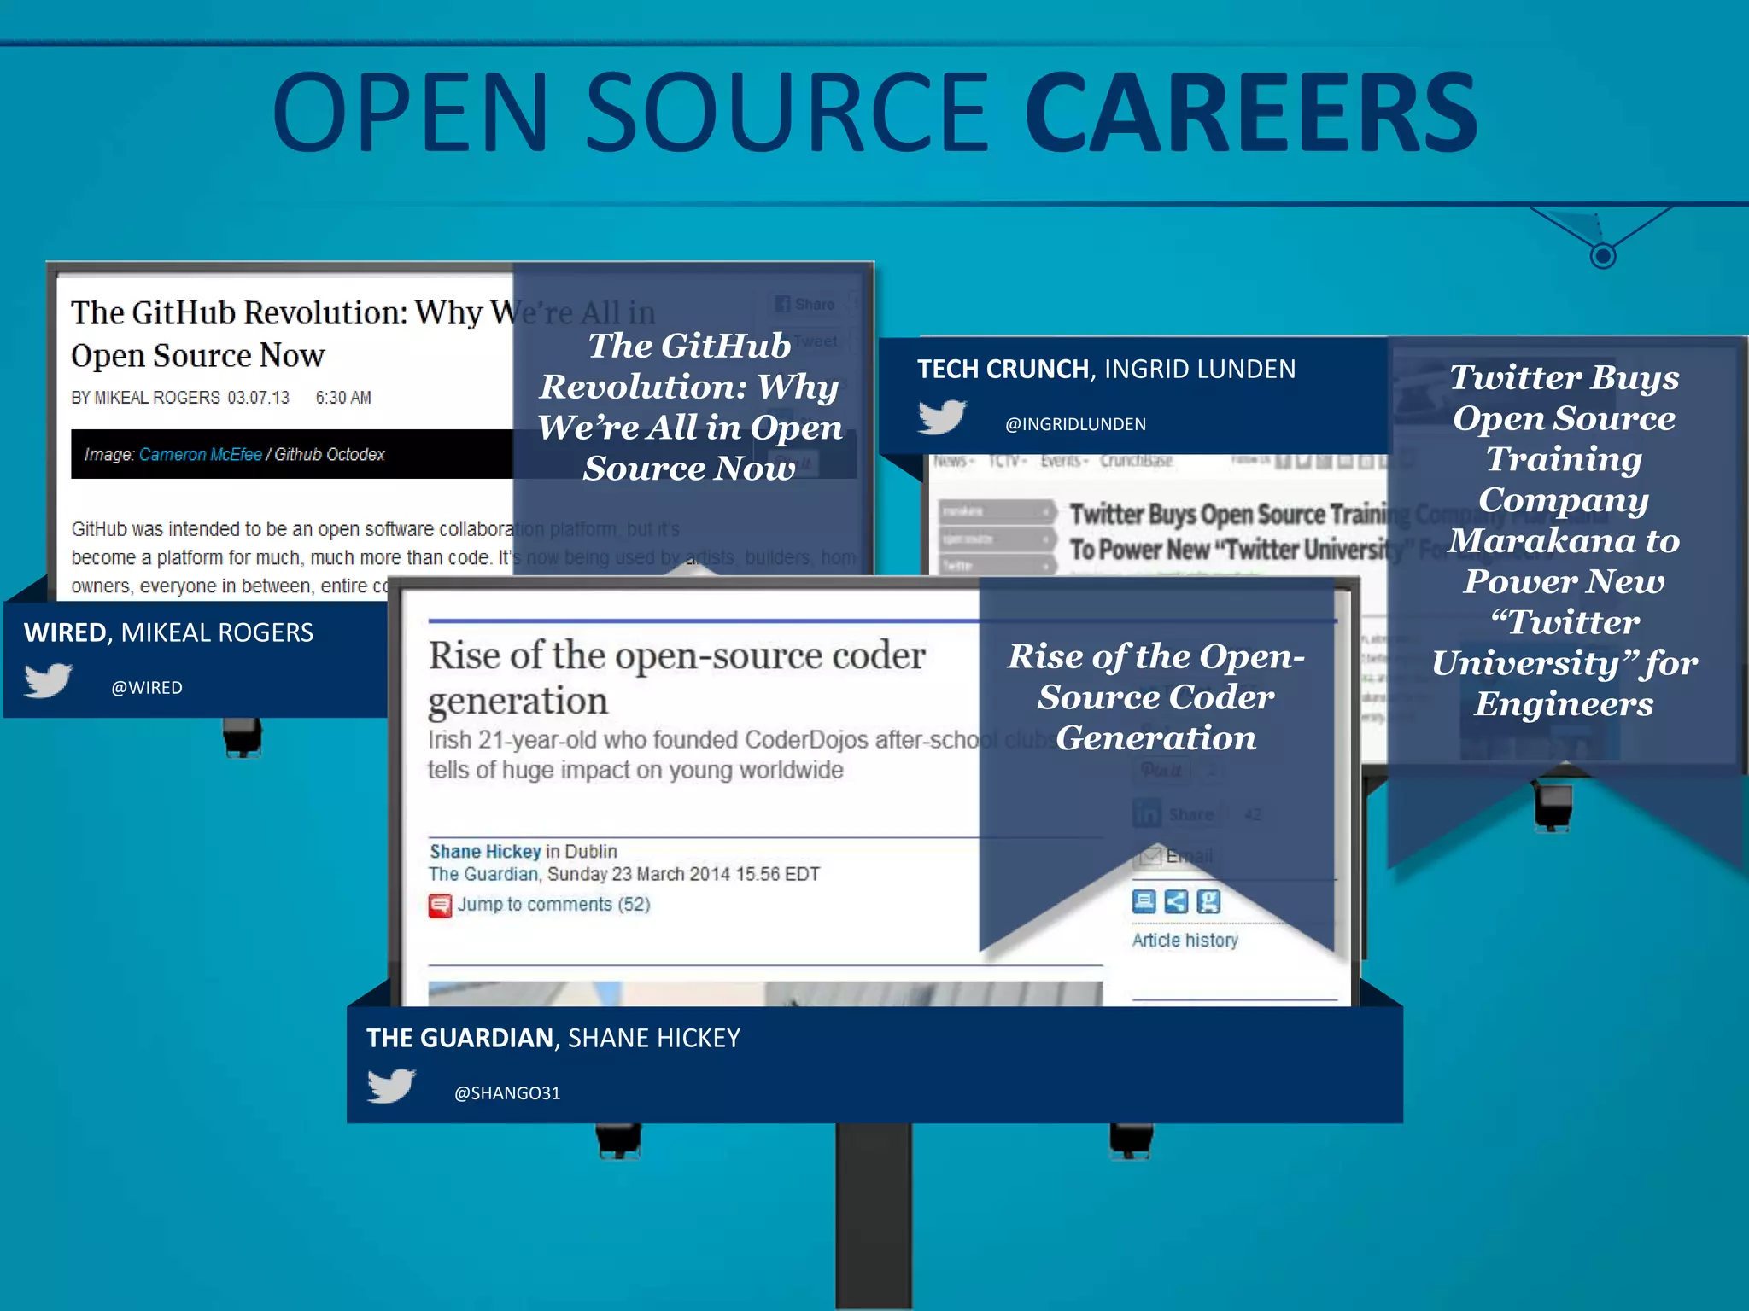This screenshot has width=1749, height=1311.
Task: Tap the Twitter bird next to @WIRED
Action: (48, 680)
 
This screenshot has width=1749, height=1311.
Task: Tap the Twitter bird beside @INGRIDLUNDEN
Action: (942, 417)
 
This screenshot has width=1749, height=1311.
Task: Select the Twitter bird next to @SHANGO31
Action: (391, 1086)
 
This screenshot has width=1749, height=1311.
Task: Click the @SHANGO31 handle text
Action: (507, 1093)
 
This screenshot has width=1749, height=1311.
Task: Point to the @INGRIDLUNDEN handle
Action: (1075, 424)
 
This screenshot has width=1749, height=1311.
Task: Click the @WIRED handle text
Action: (147, 688)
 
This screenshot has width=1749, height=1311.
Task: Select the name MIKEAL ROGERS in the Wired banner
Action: (217, 632)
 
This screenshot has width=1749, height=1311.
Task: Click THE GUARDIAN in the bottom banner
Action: (460, 1038)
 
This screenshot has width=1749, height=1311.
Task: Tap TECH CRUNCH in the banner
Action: (1003, 369)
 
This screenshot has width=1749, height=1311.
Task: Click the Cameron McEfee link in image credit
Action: (201, 454)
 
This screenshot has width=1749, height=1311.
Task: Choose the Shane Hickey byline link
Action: (485, 851)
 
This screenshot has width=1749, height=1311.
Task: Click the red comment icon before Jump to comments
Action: (440, 905)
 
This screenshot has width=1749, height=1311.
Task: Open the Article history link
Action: (1185, 940)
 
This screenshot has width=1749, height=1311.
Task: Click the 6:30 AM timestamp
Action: (343, 398)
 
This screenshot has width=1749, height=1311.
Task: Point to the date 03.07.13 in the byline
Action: (258, 398)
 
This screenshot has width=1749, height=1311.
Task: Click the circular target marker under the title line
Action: (1603, 255)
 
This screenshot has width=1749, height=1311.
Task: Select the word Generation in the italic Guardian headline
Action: (1155, 737)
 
